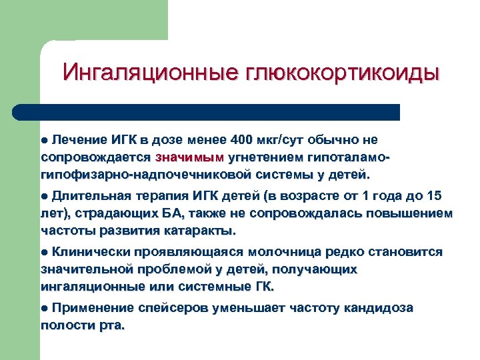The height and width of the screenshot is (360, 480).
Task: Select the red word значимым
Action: tap(189, 158)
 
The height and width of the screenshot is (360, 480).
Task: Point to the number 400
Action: tap(241, 140)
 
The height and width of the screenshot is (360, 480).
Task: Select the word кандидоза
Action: tap(380, 309)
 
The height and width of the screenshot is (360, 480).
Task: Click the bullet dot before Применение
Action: tap(45, 309)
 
